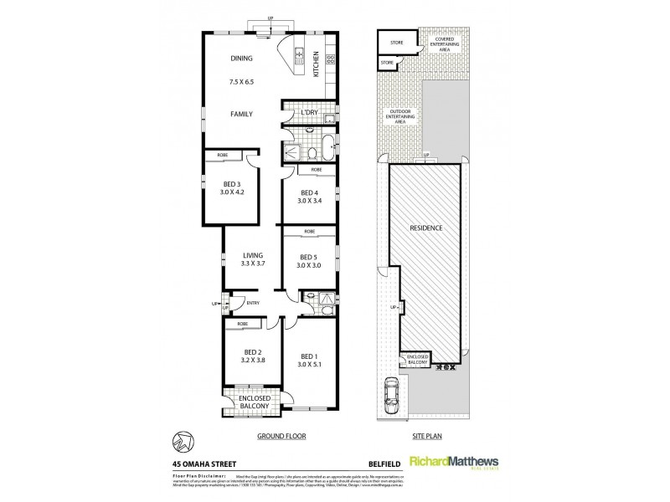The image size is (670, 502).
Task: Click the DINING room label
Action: [x=241, y=59]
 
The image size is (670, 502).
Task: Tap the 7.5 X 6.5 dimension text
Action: [x=240, y=83]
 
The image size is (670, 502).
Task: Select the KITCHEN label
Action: [x=317, y=64]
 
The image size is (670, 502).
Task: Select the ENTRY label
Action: [x=252, y=303]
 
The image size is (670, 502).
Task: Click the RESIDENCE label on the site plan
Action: [x=425, y=228]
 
